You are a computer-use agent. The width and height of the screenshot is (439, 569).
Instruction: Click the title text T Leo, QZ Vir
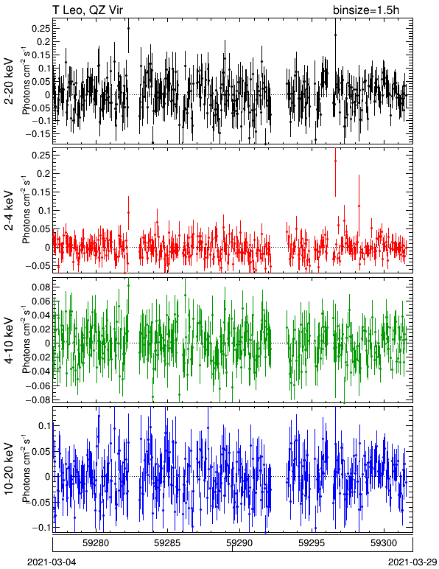click(x=88, y=10)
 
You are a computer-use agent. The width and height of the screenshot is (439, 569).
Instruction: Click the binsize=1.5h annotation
click(x=366, y=10)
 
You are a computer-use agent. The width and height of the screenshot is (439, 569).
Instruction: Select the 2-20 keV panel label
click(x=9, y=81)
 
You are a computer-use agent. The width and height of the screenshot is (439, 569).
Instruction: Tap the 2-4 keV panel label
click(x=9, y=211)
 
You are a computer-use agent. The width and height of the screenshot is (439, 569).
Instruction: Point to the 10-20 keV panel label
click(x=9, y=469)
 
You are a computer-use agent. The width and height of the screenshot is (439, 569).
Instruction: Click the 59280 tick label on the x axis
click(x=96, y=543)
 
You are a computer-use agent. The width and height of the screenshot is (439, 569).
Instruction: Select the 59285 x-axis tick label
click(x=167, y=543)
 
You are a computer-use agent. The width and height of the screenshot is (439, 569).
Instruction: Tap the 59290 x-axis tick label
click(x=239, y=543)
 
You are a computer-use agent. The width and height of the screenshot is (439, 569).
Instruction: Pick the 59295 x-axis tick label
click(x=312, y=543)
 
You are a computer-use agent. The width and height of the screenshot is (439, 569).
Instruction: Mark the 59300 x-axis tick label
click(x=384, y=543)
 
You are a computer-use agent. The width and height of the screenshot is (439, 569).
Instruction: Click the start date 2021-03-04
click(x=52, y=562)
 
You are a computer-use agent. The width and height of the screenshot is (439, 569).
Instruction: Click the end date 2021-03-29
click(x=412, y=562)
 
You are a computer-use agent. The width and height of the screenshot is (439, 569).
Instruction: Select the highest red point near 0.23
click(x=335, y=161)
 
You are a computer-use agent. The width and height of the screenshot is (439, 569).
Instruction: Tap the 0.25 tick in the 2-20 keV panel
click(x=41, y=28)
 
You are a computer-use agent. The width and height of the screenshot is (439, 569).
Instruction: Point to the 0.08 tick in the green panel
click(x=41, y=287)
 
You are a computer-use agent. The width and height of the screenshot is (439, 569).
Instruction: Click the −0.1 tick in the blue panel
click(x=40, y=528)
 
